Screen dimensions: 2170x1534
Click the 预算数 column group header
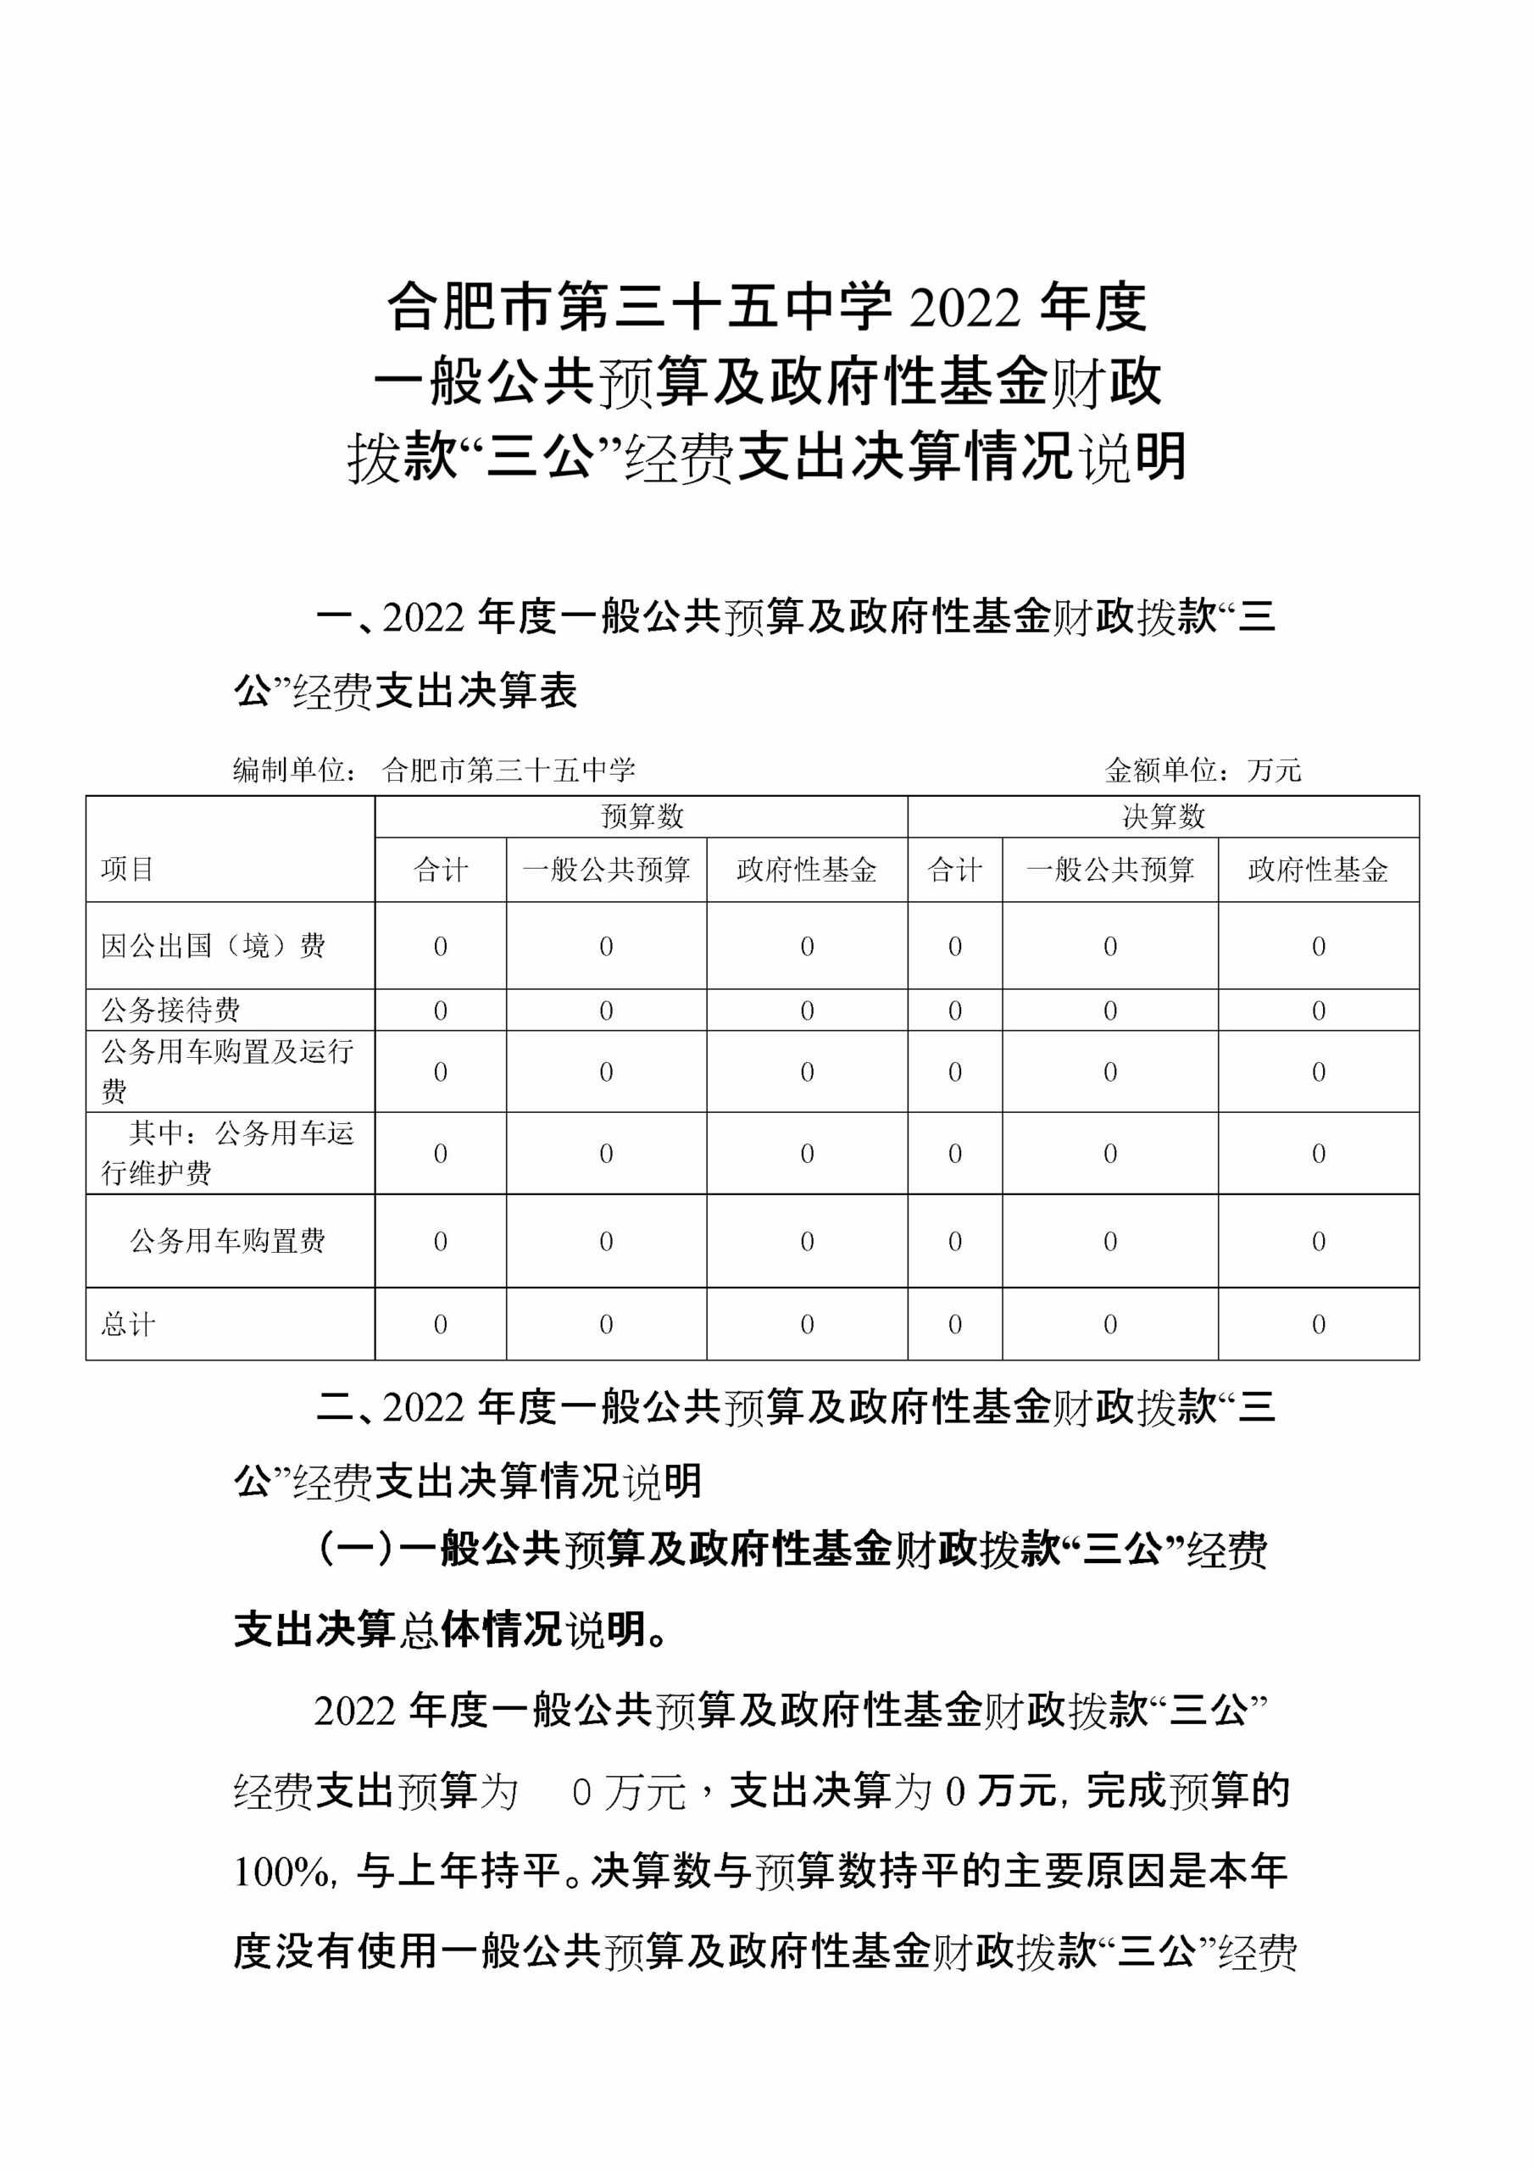641,816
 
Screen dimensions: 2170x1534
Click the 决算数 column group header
1163,816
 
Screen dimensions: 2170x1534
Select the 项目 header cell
128,869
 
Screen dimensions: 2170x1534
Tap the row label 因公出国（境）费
214,946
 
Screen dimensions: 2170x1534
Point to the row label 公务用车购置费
228,1241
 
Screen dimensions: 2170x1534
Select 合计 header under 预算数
441,870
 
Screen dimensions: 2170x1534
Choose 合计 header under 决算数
954,870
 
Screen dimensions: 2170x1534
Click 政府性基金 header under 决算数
1318,870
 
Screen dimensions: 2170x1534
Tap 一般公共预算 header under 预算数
606,870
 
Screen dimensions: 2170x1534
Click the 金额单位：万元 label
1203,771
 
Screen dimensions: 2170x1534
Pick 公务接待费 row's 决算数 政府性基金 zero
1319,1010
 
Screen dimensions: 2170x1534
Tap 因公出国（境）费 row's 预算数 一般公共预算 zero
606,946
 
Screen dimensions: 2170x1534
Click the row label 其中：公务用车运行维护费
228,1153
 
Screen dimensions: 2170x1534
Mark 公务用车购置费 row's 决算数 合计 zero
954,1241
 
